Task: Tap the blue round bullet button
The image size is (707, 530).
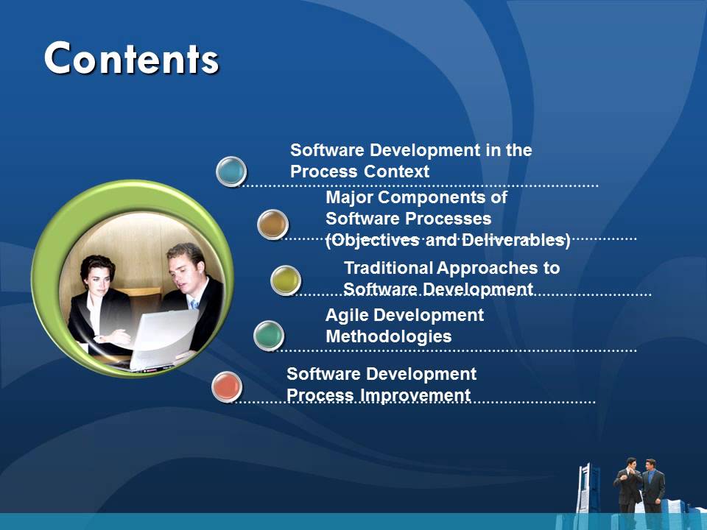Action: tap(231, 171)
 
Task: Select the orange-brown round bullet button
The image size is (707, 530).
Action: tap(272, 225)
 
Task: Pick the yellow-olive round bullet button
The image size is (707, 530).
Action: tap(285, 280)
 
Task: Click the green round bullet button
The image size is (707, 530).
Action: tap(269, 336)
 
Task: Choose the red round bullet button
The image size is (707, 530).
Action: tap(227, 386)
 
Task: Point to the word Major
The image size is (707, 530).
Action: tap(349, 197)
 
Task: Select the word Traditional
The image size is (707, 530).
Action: tap(388, 267)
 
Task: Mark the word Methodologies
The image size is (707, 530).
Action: tap(388, 336)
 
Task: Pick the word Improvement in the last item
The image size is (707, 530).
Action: tap(415, 395)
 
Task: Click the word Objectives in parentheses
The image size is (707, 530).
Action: tap(373, 240)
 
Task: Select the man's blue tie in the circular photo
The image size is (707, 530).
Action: tap(194, 305)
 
